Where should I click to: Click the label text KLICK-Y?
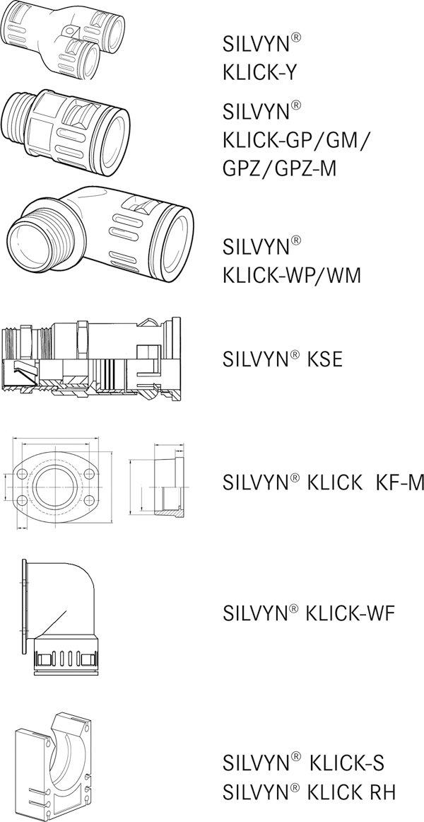(259, 72)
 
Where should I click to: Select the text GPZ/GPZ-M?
(280, 168)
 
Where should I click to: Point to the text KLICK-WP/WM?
(292, 274)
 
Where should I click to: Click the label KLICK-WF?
(348, 613)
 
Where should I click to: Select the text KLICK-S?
(347, 763)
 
